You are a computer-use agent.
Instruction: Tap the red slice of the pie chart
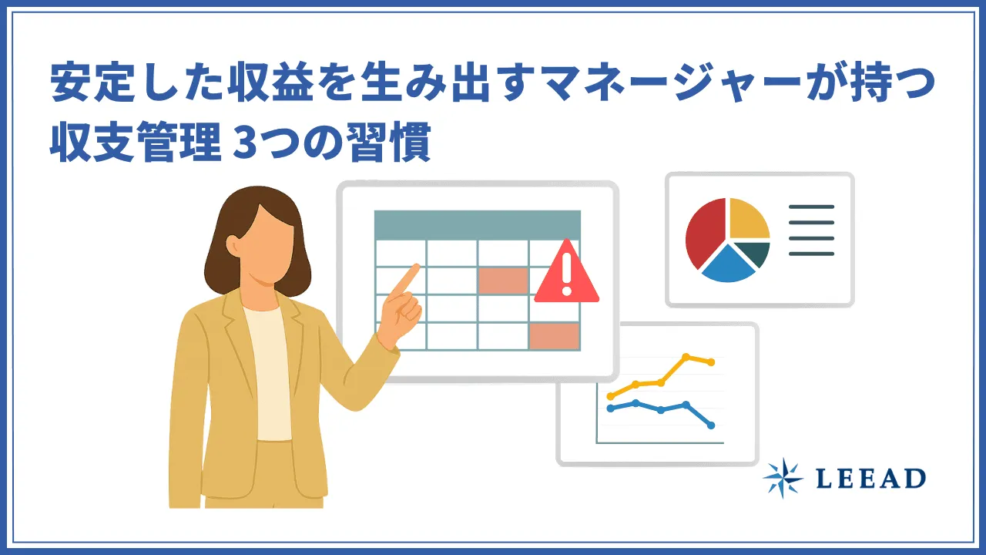coord(703,230)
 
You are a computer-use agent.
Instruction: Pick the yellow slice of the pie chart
coord(748,219)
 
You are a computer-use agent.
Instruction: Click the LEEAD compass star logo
coord(783,478)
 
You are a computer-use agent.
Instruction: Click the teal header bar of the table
coord(477,224)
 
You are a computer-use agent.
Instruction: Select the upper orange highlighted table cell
coord(502,281)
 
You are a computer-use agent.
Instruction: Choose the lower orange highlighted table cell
coord(554,336)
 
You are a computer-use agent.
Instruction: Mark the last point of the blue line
coord(710,425)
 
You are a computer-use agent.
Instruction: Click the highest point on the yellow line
coord(686,356)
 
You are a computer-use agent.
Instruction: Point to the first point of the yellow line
coord(610,396)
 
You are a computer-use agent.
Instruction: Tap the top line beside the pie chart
coord(811,207)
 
